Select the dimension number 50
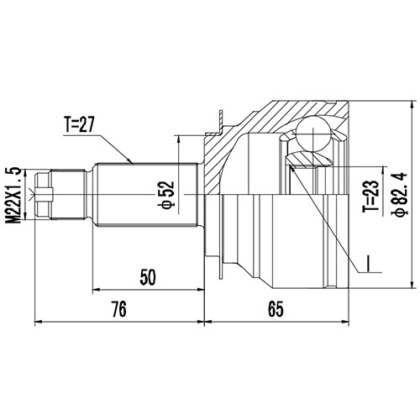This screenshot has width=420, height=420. coord(149,276)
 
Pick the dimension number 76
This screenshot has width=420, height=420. coord(118,310)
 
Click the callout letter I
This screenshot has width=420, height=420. coord(368,268)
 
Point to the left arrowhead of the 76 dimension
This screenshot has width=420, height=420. coord(37,321)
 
